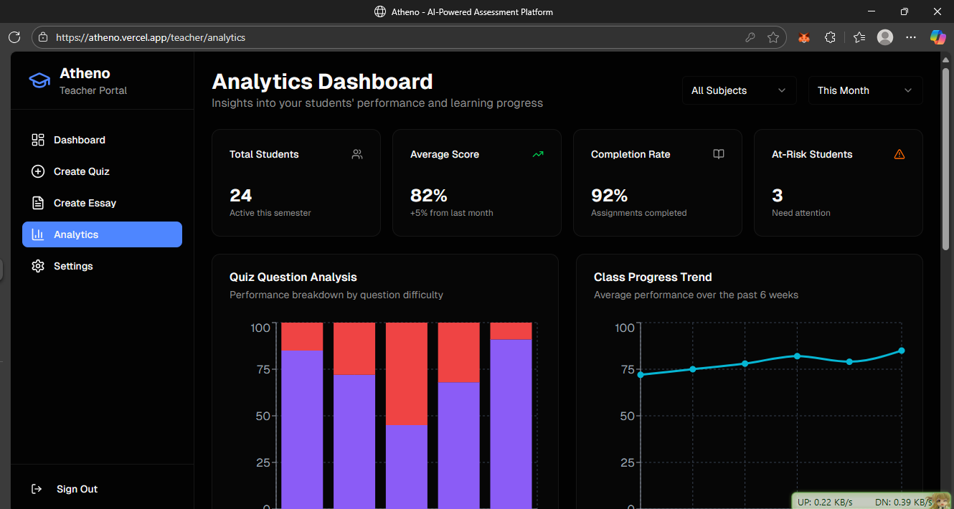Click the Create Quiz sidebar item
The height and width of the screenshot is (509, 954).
[x=80, y=171]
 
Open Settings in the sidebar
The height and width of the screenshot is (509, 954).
[x=72, y=266]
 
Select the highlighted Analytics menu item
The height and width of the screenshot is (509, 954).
[x=102, y=234]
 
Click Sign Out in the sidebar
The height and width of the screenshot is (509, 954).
[x=77, y=489]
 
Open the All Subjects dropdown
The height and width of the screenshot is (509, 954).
[x=739, y=90]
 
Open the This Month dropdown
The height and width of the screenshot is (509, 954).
[x=865, y=90]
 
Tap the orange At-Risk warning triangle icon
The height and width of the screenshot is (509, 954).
[x=899, y=154]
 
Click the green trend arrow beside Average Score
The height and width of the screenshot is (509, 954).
[x=538, y=154]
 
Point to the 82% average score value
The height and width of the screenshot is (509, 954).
[x=429, y=195]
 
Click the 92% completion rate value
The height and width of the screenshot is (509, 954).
[x=610, y=195]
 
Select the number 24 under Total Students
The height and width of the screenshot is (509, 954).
[x=241, y=195]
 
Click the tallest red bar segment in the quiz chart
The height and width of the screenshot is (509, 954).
[x=407, y=374]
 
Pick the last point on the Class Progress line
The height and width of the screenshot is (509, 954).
[x=902, y=351]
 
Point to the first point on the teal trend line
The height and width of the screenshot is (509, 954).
[x=641, y=375]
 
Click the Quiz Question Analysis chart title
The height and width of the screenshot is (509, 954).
[x=293, y=277]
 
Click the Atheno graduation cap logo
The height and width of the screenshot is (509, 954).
[x=39, y=80]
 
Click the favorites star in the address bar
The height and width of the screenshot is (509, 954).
[x=773, y=37]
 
